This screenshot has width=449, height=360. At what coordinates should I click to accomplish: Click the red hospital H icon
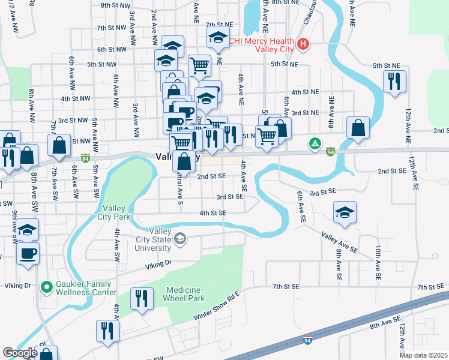tap(304, 44)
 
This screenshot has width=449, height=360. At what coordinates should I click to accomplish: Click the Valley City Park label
tap(113, 212)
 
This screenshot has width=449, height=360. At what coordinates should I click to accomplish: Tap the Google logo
tap(20, 352)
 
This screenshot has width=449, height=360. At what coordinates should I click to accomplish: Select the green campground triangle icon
tap(314, 143)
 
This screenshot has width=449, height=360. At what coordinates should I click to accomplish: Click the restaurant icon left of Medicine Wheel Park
tap(142, 298)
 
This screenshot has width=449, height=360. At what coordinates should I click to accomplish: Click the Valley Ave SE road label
tap(339, 242)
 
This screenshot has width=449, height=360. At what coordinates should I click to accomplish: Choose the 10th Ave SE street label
tap(378, 263)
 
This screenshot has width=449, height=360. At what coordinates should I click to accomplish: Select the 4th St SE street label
tap(213, 213)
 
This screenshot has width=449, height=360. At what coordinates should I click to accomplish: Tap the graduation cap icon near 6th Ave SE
tap(345, 213)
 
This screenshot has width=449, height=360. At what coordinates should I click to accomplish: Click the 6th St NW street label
tap(111, 50)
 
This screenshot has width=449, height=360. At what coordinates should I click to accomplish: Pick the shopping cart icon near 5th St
tap(199, 65)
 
